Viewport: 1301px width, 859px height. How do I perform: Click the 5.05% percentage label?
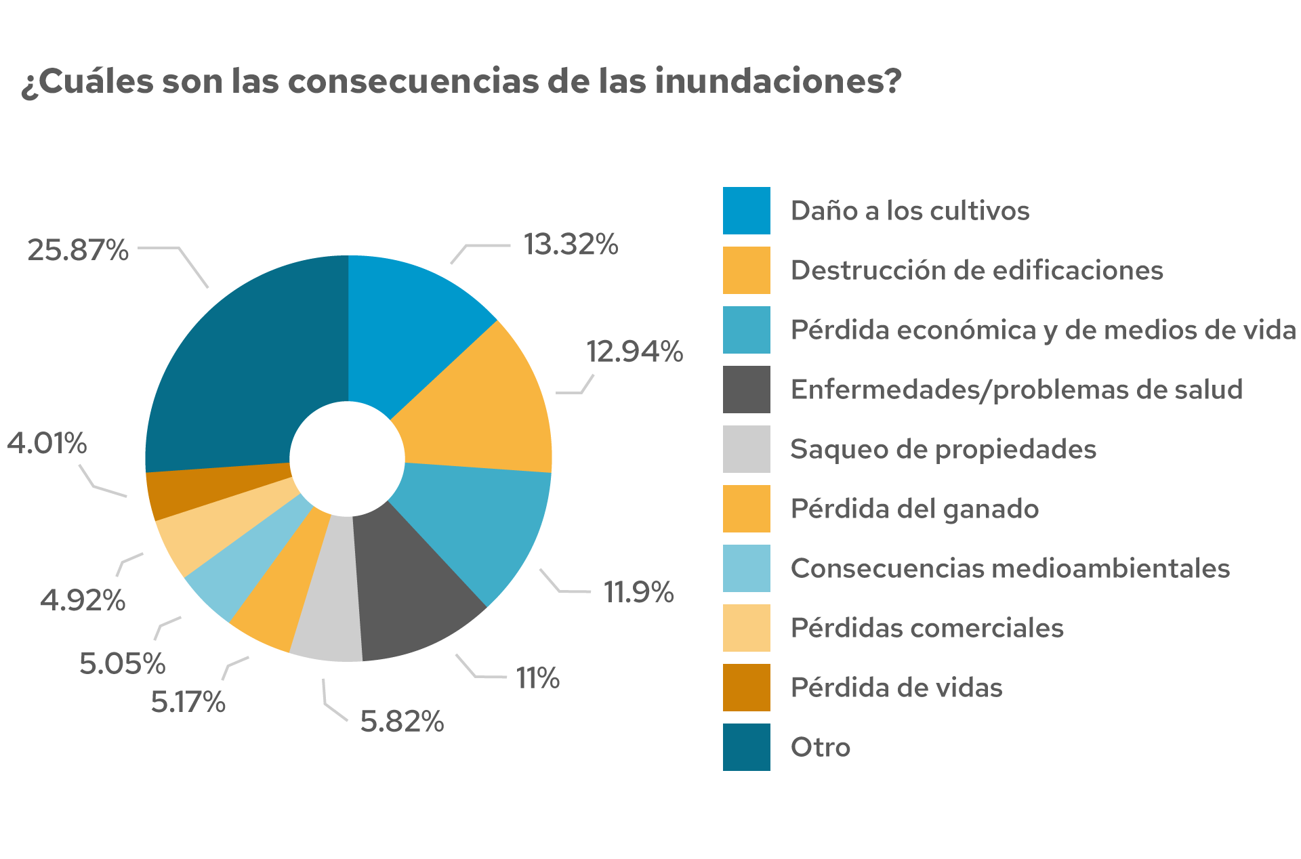[x=122, y=663]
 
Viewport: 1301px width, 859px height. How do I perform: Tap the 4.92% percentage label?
[x=83, y=600]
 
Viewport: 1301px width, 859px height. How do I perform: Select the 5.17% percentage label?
[x=188, y=702]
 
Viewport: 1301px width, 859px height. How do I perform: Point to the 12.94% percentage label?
[x=634, y=352]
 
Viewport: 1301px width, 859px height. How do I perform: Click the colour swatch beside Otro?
[x=746, y=747]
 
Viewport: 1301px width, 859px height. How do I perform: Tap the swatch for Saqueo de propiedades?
[x=746, y=449]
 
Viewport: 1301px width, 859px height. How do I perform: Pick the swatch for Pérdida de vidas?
[x=746, y=688]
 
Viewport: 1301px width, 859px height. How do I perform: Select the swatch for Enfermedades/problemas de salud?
[x=746, y=390]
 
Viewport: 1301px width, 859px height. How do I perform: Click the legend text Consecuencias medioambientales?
[x=1010, y=568]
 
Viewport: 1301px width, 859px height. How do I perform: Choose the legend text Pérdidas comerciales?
[x=927, y=628]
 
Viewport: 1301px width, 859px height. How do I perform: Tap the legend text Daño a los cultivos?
[x=910, y=211]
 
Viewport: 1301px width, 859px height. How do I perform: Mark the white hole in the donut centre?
[x=348, y=459]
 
